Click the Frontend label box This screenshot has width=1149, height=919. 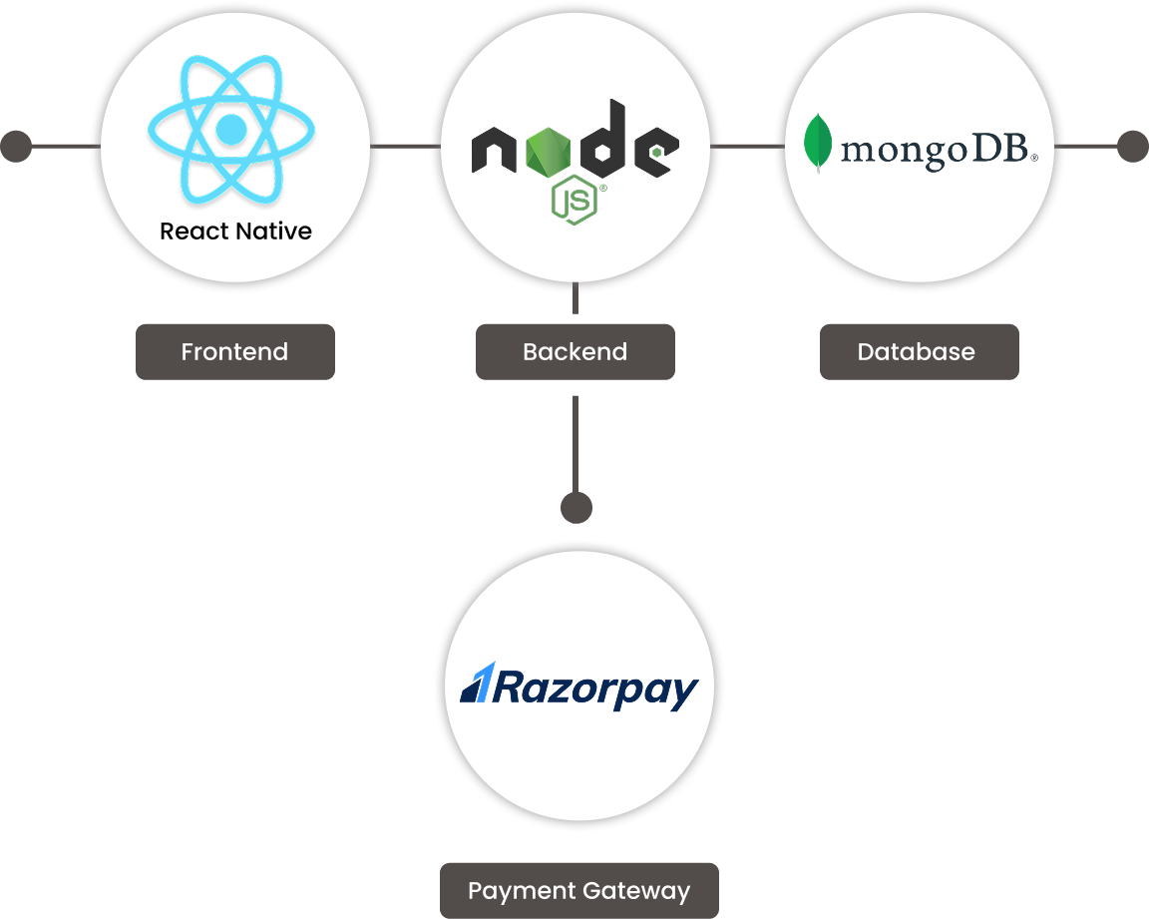pyautogui.click(x=234, y=351)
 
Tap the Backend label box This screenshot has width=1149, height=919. pyautogui.click(x=574, y=351)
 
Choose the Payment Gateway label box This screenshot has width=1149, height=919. pyautogui.click(x=578, y=890)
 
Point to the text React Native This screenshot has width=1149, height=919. pyautogui.click(x=235, y=231)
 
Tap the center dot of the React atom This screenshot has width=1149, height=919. pyautogui.click(x=231, y=129)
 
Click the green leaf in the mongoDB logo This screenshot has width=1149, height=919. pyautogui.click(x=818, y=143)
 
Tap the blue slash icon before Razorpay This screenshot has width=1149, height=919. pyautogui.click(x=474, y=685)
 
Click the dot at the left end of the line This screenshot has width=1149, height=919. pyautogui.click(x=15, y=147)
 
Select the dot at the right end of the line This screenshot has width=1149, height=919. pyautogui.click(x=1132, y=147)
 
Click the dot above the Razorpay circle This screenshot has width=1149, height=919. pyautogui.click(x=575, y=508)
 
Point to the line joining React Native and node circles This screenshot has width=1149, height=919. pyautogui.click(x=404, y=147)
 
